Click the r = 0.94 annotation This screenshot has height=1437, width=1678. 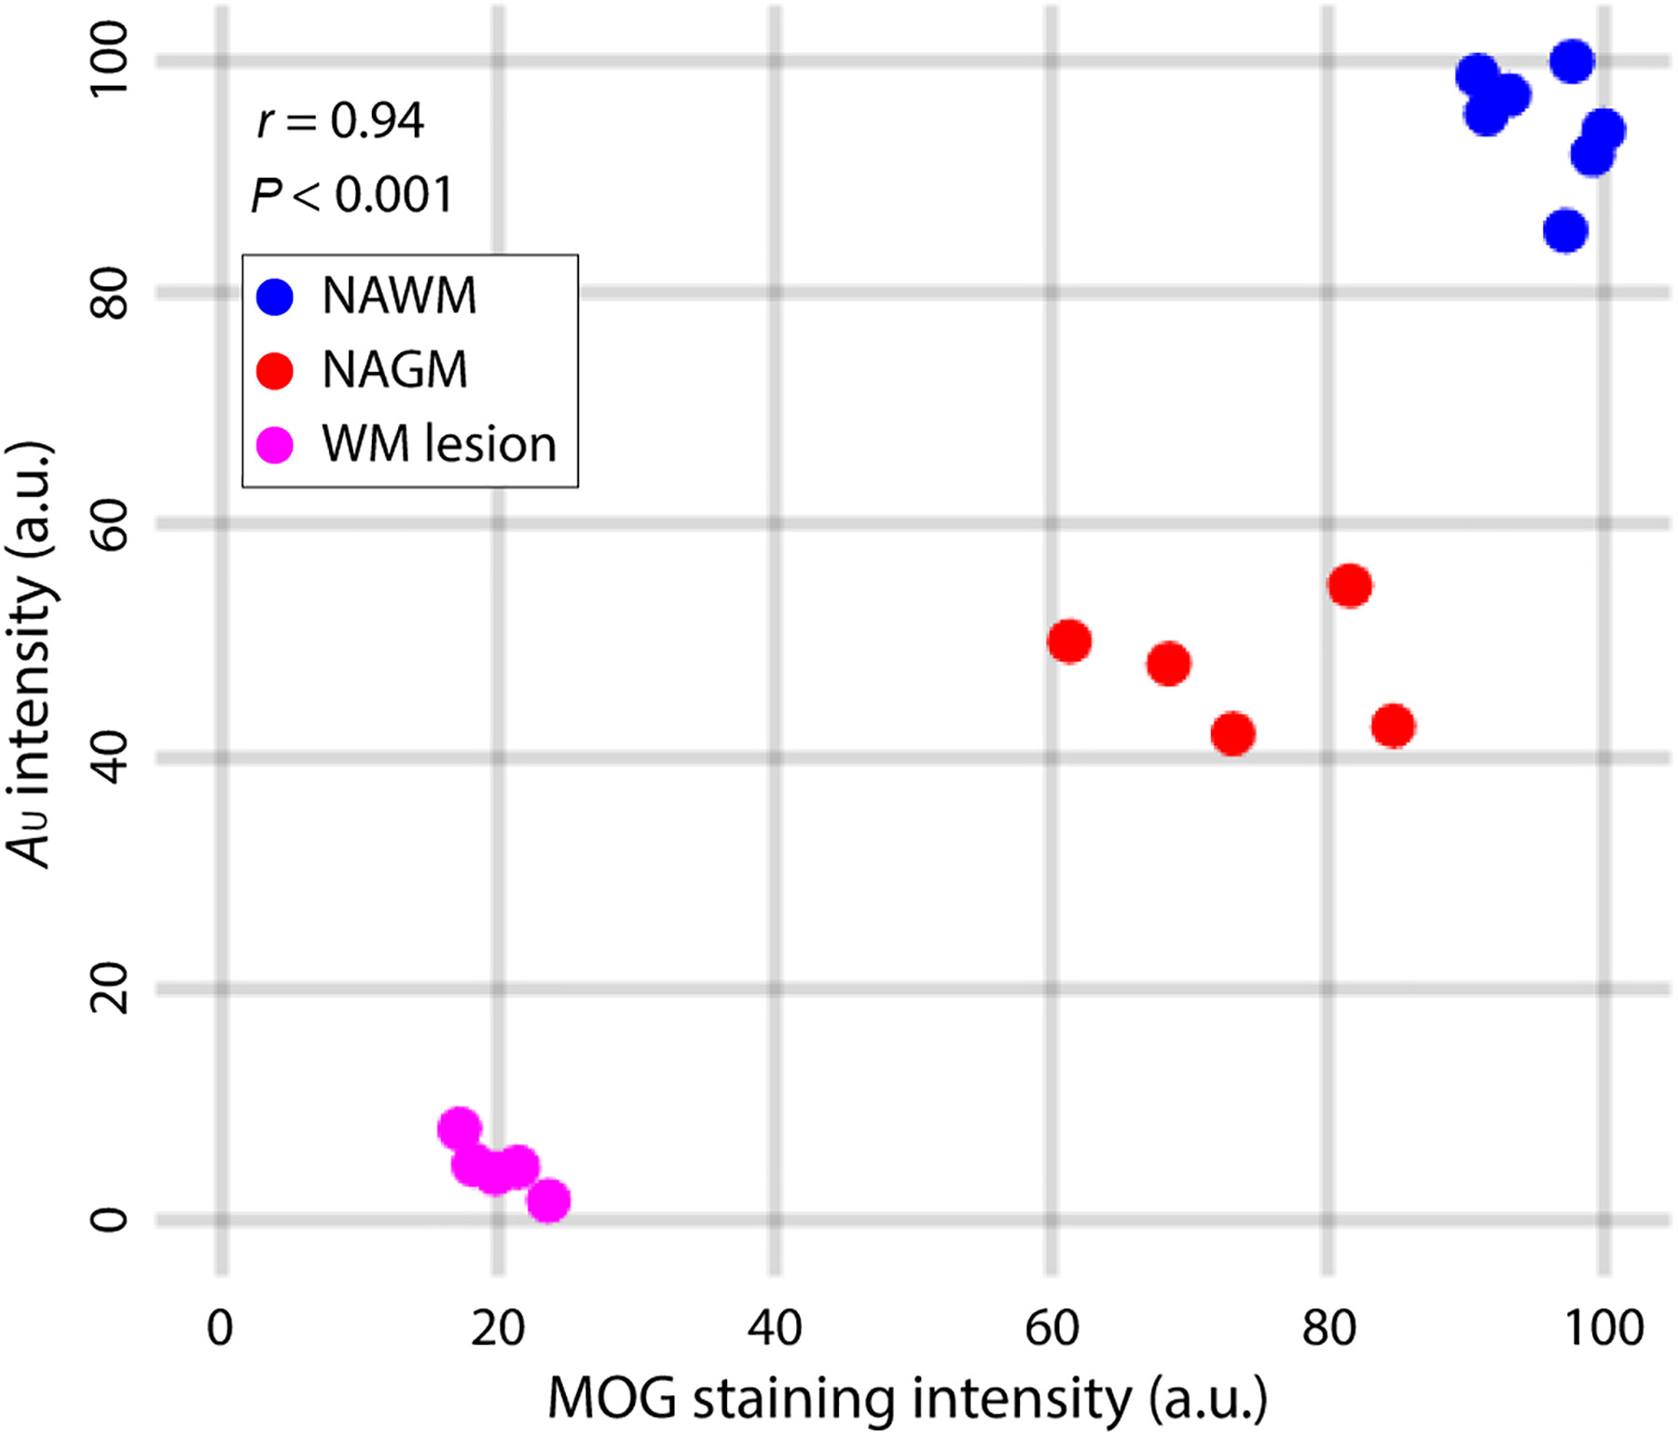click(x=340, y=121)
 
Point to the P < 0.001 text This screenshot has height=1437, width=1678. click(x=351, y=196)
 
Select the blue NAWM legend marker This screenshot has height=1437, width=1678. click(x=275, y=297)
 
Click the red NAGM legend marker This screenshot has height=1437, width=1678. click(x=275, y=370)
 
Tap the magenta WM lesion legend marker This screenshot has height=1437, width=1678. click(x=275, y=445)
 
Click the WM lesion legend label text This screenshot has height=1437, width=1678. click(x=438, y=445)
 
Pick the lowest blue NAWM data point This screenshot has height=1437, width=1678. click(x=1565, y=230)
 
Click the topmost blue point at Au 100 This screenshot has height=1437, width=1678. click(x=1572, y=62)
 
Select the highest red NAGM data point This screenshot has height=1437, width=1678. click(x=1350, y=586)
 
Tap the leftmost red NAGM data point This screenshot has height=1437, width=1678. click(x=1069, y=642)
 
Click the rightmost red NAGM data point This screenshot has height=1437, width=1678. click(x=1393, y=726)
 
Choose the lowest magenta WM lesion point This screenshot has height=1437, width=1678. click(x=548, y=1200)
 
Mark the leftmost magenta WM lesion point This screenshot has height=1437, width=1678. click(x=459, y=1129)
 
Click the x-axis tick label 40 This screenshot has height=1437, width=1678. click(x=775, y=1329)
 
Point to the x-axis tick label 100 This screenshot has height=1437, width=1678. click(x=1603, y=1329)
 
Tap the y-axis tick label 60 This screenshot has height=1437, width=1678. click(x=109, y=524)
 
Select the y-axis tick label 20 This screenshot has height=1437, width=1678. click(x=109, y=988)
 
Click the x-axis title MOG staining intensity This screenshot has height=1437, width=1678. click(x=906, y=1400)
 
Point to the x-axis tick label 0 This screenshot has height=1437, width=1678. click(x=221, y=1329)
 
